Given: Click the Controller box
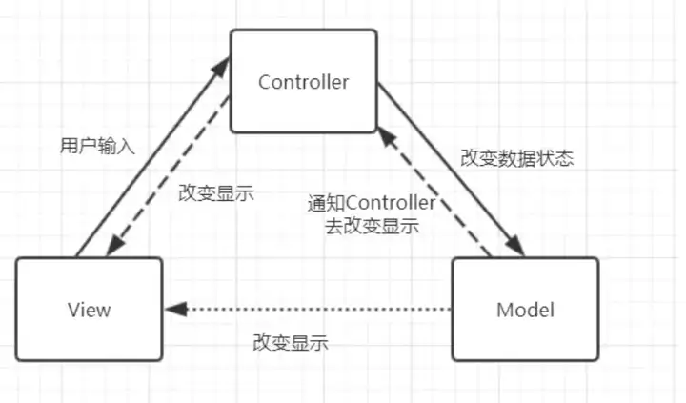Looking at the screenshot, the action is (304, 81).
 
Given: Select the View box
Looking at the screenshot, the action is (90, 310).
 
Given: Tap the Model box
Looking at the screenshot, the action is (525, 310).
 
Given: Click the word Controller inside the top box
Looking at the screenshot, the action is (303, 82).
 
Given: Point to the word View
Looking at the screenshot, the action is (90, 310).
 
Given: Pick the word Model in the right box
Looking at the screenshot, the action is (525, 310).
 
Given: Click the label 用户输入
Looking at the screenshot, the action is (97, 146).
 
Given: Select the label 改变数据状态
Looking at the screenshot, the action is (516, 158).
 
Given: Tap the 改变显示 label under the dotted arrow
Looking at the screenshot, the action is (291, 343).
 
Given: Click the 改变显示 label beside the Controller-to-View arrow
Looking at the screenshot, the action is (216, 192).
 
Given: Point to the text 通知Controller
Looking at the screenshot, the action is (372, 203).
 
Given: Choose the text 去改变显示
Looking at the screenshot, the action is (372, 226).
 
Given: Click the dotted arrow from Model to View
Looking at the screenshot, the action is (308, 310).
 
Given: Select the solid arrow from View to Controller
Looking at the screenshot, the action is (153, 156).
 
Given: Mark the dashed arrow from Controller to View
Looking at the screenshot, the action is (168, 176).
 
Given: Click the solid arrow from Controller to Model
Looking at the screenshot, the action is (451, 169).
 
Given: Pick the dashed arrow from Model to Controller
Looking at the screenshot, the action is (434, 191).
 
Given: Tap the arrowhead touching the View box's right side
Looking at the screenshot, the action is (176, 310).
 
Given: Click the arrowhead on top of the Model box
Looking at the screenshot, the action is (516, 246).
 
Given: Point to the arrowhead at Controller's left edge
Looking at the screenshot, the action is (221, 68).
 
